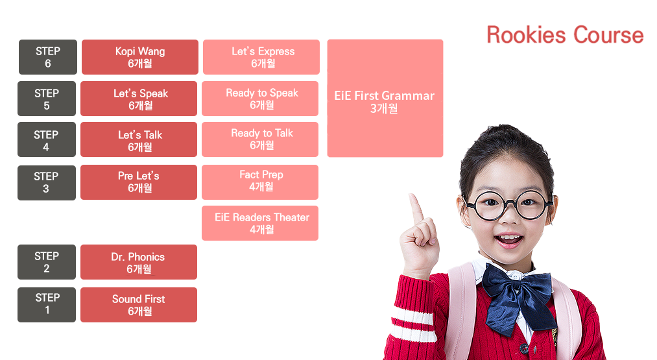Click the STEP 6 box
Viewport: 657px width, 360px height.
(x=48, y=57)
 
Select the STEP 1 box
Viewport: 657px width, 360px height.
(x=47, y=305)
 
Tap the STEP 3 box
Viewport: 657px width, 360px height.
(x=47, y=183)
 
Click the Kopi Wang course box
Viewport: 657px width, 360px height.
(x=140, y=57)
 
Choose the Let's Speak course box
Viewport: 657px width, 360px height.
(x=139, y=99)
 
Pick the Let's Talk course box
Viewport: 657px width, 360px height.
(x=139, y=139)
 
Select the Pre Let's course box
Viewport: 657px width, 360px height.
(x=139, y=182)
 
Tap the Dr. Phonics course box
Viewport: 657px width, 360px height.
(x=139, y=262)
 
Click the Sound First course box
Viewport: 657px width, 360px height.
(x=139, y=305)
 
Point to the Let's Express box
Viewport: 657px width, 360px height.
(x=261, y=57)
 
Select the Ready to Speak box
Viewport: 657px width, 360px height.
(x=260, y=99)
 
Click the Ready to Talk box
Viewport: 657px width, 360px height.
(x=260, y=139)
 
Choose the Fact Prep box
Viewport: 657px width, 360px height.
(x=260, y=182)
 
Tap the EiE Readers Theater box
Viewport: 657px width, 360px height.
(x=260, y=223)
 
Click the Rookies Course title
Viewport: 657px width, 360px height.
(x=565, y=35)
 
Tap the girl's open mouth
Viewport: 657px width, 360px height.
(x=508, y=240)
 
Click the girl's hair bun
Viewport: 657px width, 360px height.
(x=505, y=138)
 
